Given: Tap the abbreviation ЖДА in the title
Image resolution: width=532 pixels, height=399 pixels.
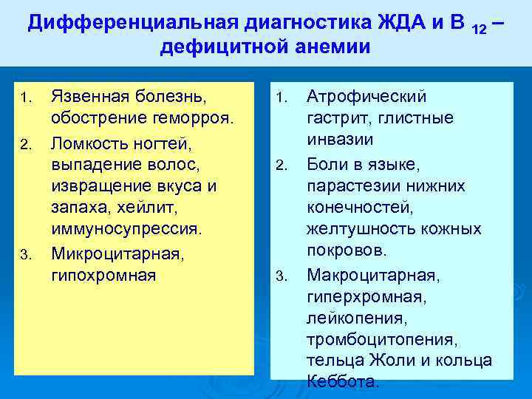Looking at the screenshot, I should click(410, 23).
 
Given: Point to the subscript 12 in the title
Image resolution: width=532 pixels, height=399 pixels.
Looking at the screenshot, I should click(478, 27).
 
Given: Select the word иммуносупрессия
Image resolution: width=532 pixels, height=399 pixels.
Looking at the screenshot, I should click(126, 229).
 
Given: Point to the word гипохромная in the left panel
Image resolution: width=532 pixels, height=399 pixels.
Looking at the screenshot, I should click(103, 275).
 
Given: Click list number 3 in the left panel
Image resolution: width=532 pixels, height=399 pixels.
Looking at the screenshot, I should click(25, 255).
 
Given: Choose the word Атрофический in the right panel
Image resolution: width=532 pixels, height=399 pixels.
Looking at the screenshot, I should click(366, 97).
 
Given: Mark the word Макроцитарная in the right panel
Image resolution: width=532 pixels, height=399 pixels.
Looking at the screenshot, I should click(372, 275).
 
